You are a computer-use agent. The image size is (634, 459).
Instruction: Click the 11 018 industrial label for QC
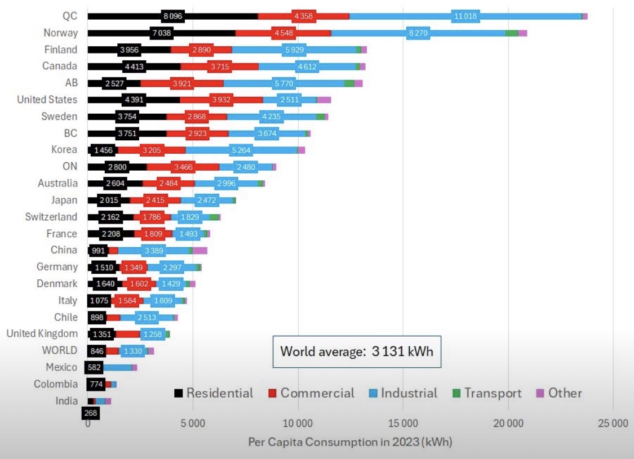pyautogui.click(x=466, y=16)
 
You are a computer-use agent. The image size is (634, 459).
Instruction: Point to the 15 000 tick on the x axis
pyautogui.click(x=403, y=424)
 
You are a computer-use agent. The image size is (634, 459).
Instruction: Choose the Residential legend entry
pyautogui.click(x=214, y=393)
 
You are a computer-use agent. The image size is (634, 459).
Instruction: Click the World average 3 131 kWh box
pyautogui.click(x=357, y=352)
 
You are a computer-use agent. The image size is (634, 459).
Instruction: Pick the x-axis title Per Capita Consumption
pyautogui.click(x=350, y=442)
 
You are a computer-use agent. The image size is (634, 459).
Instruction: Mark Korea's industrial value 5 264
pyautogui.click(x=241, y=150)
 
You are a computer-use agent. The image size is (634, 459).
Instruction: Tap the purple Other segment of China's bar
pyautogui.click(x=200, y=251)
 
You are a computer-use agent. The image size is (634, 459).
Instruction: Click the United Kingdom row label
pyautogui.click(x=42, y=333)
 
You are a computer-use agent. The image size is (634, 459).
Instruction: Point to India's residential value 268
pyautogui.click(x=90, y=413)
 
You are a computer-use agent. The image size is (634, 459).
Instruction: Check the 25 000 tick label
pyautogui.click(x=613, y=424)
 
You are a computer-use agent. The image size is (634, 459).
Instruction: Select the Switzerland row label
pyautogui.click(x=51, y=217)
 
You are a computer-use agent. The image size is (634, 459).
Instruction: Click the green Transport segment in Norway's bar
pyautogui.click(x=511, y=33)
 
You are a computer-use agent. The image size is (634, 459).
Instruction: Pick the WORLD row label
pyautogui.click(x=59, y=350)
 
